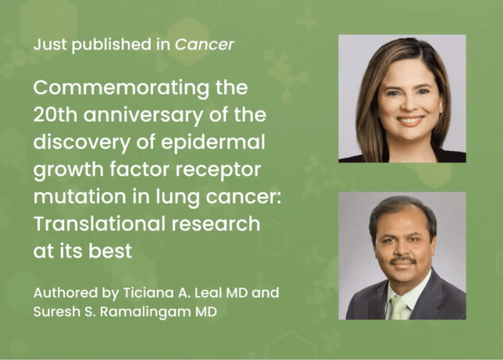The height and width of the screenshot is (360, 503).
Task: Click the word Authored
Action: click(60, 293)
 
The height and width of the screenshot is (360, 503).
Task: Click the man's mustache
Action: click(402, 259)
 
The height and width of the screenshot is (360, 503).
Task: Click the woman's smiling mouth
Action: click(410, 120)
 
